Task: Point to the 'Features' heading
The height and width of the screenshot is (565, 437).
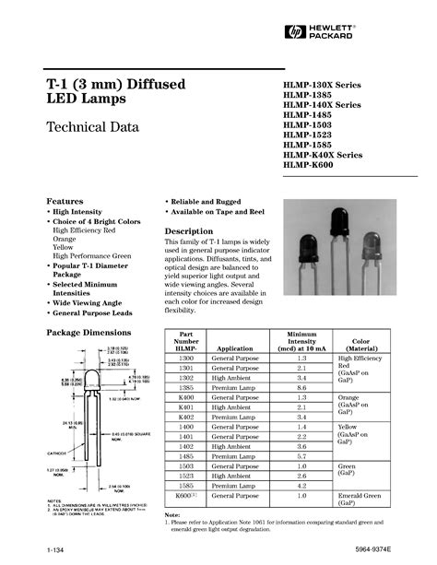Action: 65,201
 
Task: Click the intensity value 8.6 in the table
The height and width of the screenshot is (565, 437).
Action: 301,387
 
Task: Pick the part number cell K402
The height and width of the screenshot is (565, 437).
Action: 186,417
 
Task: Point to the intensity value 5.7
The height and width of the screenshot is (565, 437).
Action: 301,456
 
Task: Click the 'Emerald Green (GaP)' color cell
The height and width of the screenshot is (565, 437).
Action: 361,500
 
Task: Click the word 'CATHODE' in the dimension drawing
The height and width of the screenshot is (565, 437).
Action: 57,453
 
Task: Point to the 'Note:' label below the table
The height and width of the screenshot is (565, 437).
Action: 172,514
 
